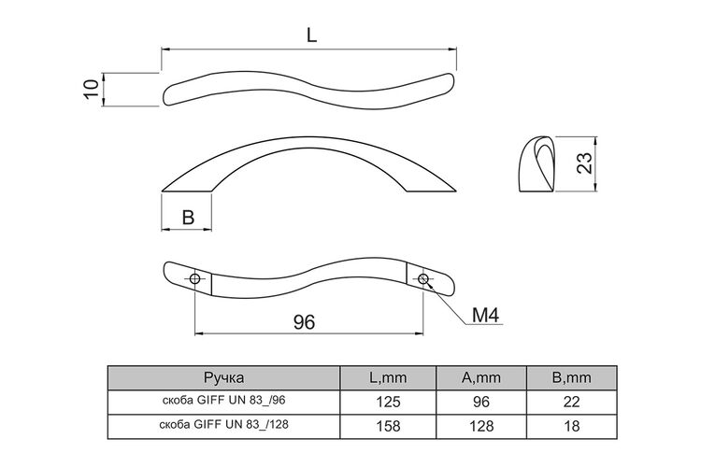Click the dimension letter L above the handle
[311, 35]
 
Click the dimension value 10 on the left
[92, 90]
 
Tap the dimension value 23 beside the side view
[585, 163]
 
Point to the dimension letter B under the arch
[189, 218]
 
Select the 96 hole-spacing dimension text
[304, 321]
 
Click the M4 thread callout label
[485, 316]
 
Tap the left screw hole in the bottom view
[195, 279]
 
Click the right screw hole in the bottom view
[422, 279]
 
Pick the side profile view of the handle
[536, 164]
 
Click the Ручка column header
[224, 378]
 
